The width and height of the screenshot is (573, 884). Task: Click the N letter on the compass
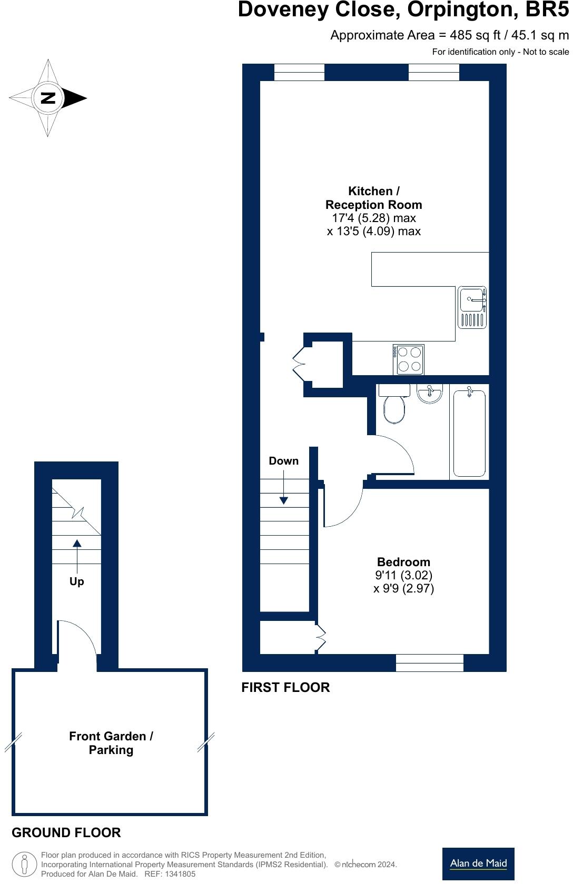tap(48, 98)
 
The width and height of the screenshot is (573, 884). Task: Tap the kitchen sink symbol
tap(472, 308)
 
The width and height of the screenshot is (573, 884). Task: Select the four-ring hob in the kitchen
tap(409, 359)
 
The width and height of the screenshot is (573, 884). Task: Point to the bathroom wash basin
tap(430, 394)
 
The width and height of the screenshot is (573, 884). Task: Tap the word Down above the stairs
tap(283, 461)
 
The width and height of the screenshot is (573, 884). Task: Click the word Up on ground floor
tap(77, 581)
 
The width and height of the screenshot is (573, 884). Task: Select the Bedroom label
tap(403, 562)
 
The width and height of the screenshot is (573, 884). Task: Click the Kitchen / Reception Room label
tap(373, 198)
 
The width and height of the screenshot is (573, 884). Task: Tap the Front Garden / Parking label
tap(111, 743)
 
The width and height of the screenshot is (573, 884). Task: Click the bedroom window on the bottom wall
tap(429, 663)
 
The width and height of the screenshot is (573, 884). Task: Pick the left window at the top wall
tap(299, 73)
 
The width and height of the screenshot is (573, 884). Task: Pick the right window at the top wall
tap(433, 73)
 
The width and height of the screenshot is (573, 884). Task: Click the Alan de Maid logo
tap(478, 863)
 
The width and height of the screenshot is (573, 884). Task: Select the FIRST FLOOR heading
tap(285, 688)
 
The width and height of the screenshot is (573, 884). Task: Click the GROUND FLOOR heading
tap(66, 832)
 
